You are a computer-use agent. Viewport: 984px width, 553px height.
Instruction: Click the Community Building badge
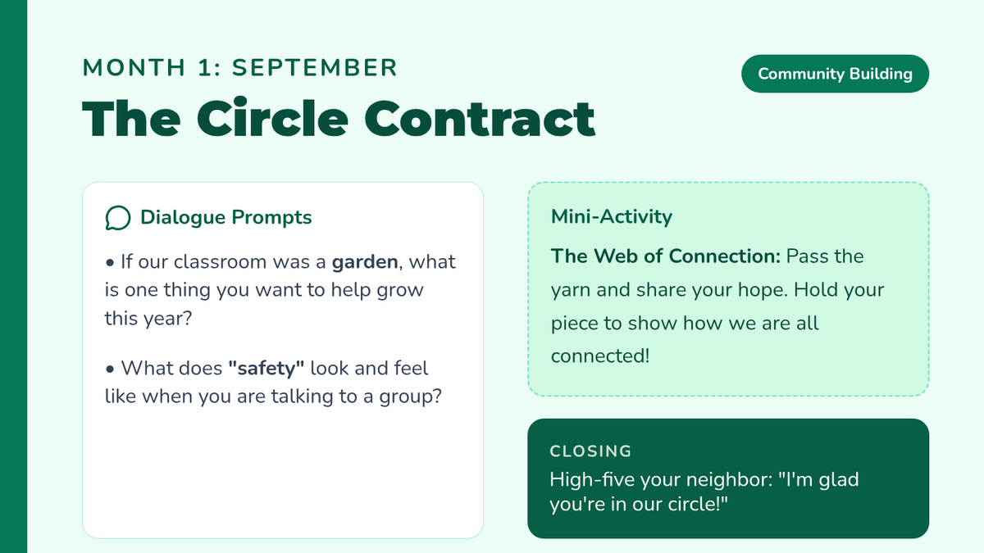pos(835,74)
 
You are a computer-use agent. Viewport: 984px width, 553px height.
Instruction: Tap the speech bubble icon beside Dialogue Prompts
pos(118,218)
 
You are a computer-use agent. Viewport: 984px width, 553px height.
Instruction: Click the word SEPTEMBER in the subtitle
pos(315,68)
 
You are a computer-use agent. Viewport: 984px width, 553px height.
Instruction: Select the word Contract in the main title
pos(480,119)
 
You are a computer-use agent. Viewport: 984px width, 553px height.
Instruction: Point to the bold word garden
pos(365,262)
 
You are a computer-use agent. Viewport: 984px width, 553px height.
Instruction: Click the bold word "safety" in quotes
pos(266,368)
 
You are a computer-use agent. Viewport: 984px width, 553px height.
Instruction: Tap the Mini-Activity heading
pos(611,216)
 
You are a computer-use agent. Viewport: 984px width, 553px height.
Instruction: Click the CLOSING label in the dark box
pos(590,451)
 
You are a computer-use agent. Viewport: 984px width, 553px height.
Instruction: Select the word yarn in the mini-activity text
pos(571,291)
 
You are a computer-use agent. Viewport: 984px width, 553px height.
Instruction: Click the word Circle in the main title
pos(272,119)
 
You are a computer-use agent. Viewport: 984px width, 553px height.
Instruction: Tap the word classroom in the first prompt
pos(220,261)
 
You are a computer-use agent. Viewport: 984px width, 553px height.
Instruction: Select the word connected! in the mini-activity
pos(600,356)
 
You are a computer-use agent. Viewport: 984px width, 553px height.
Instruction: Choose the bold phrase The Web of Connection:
pos(666,256)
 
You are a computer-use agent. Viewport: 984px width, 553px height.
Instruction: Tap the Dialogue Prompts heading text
pos(225,217)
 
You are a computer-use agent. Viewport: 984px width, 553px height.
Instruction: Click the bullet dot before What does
pos(109,369)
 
